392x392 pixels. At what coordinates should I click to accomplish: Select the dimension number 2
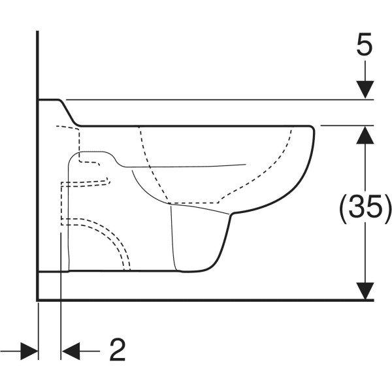pos(118,350)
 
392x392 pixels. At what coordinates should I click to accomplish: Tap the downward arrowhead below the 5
pos(365,90)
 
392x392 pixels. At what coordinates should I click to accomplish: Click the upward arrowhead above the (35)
pos(365,135)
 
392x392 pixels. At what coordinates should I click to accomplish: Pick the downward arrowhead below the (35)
pos(365,291)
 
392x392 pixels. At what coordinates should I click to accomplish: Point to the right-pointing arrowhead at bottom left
pos(29,351)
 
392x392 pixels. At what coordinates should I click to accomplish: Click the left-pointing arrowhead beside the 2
pos(71,351)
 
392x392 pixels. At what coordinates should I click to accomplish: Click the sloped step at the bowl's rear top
pos(69,112)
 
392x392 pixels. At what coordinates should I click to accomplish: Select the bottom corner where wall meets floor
pos(37,300)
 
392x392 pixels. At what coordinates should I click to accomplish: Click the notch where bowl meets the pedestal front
pos(232,214)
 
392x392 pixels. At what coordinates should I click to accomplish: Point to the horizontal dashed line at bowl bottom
pos(193,203)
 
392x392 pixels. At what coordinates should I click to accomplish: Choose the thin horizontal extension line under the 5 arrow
pos(220,99)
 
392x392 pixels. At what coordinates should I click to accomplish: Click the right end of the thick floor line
pos(374,300)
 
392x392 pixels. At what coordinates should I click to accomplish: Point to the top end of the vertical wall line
pos(37,31)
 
